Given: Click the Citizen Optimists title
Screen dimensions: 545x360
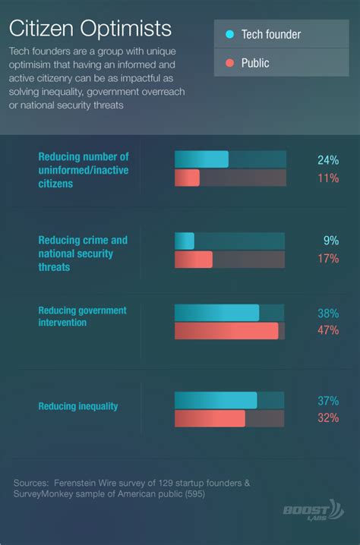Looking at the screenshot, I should point(90,29).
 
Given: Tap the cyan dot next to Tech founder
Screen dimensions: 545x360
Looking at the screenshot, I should point(229,34).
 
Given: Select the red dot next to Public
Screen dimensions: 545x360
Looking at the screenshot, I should point(229,63).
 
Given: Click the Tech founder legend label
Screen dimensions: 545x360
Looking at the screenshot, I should point(270,34).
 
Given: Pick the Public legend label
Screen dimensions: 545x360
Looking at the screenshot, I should point(255,63).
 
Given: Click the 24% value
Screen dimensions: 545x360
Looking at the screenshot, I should point(327,159).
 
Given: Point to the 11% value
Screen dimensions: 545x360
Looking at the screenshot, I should point(327,178).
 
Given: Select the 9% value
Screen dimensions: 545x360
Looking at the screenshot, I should point(330,241).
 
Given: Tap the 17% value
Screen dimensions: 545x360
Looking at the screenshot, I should point(327,259).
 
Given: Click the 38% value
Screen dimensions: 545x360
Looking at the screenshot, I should point(327,313).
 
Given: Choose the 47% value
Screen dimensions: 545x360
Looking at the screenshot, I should point(327,331).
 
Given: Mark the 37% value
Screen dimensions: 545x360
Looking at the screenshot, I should point(327,400).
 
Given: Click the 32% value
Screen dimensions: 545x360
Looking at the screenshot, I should point(327,418).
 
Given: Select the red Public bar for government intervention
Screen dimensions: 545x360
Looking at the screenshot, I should point(226,331).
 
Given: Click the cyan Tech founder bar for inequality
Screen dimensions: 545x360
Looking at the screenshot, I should point(216,400).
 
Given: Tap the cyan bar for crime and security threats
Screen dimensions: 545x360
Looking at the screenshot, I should point(185,241).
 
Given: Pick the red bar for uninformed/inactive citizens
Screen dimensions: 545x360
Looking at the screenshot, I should point(187,178).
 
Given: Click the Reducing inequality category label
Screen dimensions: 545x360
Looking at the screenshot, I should point(78,406).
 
